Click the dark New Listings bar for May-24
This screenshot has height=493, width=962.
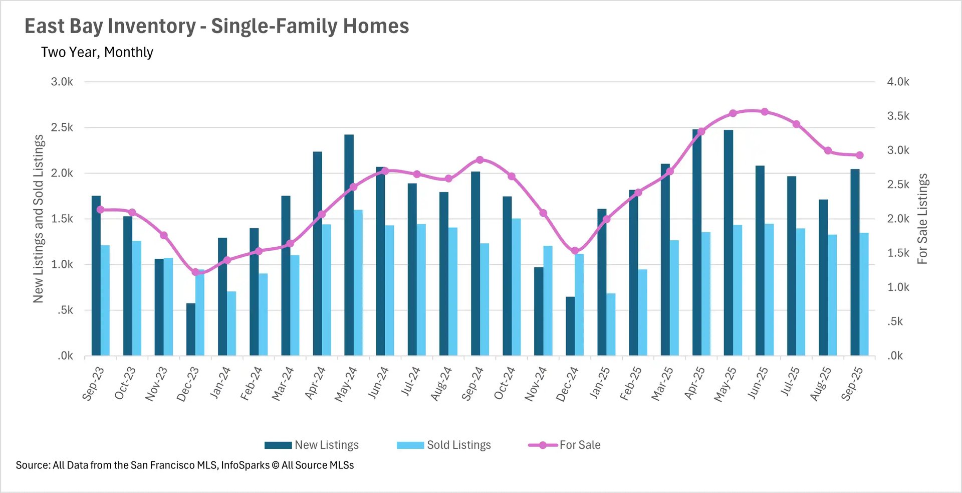tap(349, 246)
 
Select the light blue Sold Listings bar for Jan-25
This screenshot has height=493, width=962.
tap(611, 324)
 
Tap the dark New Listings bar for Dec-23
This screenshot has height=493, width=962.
tap(191, 330)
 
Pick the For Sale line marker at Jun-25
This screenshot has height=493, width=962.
tap(765, 112)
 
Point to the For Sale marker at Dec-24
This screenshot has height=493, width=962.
tap(575, 251)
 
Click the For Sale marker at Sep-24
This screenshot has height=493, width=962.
tap(480, 160)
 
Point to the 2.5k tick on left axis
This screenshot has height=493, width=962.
tap(62, 127)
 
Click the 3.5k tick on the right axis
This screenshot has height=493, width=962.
tap(898, 116)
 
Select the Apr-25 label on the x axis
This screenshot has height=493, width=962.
tap(695, 384)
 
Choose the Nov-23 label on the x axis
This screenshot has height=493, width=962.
tap(156, 384)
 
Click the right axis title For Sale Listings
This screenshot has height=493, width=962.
tap(922, 219)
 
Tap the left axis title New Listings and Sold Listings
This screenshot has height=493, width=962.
tap(39, 219)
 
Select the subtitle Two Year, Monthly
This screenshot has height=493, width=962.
tap(97, 52)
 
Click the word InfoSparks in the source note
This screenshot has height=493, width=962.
tap(245, 465)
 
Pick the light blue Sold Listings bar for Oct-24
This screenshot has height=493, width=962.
tap(516, 287)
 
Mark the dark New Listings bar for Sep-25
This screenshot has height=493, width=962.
tap(855, 262)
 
